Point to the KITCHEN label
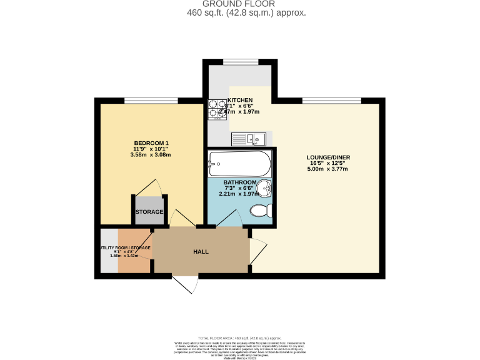pyautogui.click(x=240, y=100)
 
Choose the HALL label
pyautogui.click(x=201, y=251)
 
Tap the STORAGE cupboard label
pyautogui.click(x=149, y=212)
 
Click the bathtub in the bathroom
pyautogui.click(x=239, y=164)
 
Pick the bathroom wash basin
pyautogui.click(x=265, y=187)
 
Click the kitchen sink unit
pyautogui.click(x=249, y=139)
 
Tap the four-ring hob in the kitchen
pyautogui.click(x=217, y=109)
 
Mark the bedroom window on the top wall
pyautogui.click(x=151, y=101)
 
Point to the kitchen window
pyautogui.click(x=240, y=61)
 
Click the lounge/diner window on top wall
pyautogui.click(x=331, y=101)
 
